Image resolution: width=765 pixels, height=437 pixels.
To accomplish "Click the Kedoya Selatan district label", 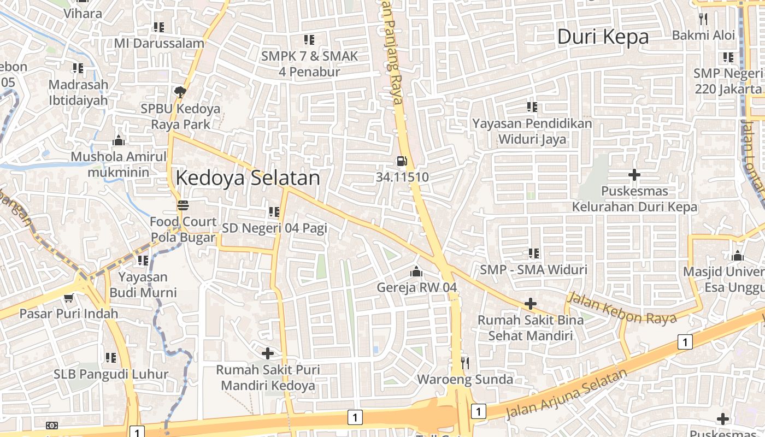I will click(x=248, y=178).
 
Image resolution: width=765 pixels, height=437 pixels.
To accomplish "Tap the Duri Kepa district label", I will click(x=603, y=37).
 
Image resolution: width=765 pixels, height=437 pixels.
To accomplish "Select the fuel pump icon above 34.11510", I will click(x=402, y=161).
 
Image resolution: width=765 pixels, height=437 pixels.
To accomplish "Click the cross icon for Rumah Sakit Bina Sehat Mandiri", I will click(x=530, y=304).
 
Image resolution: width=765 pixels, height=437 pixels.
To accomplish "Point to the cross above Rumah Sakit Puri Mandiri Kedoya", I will click(x=268, y=353).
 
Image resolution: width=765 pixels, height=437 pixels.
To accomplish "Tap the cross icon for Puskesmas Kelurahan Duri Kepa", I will click(x=634, y=175).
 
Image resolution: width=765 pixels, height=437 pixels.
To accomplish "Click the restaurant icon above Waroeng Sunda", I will click(x=465, y=363).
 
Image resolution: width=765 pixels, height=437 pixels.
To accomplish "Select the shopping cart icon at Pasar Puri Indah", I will click(x=68, y=298).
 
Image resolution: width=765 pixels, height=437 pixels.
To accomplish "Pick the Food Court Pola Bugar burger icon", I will click(x=183, y=205).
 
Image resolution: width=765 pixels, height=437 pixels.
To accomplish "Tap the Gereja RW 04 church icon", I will click(x=416, y=271).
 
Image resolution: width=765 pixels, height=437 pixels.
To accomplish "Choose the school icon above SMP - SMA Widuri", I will click(x=533, y=253).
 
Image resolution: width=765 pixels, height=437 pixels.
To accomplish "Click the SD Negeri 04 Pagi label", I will click(x=274, y=228).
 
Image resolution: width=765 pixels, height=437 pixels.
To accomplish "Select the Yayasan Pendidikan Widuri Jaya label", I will click(x=532, y=131).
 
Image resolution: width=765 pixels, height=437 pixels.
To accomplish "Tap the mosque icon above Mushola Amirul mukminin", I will click(x=118, y=141).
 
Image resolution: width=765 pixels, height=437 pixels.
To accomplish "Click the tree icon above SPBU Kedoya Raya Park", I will click(x=180, y=92).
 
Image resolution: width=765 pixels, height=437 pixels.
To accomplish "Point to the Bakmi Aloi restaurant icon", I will click(x=703, y=19).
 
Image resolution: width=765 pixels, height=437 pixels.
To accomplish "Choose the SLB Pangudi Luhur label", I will click(x=111, y=375).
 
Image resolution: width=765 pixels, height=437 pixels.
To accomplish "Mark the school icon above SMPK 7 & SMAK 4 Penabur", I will click(x=309, y=40).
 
